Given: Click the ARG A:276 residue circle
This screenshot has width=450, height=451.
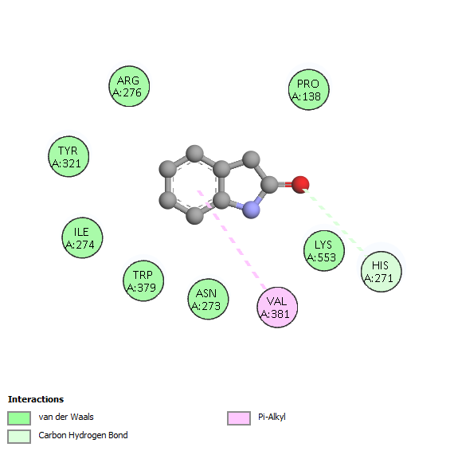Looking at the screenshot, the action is (x=129, y=86).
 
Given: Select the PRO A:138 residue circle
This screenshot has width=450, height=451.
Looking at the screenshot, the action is (x=309, y=89).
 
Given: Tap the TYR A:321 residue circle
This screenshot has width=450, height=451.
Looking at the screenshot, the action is (x=68, y=156).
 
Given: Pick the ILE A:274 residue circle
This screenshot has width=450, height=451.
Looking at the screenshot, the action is (x=82, y=238).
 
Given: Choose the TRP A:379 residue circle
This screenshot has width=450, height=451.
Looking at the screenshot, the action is (x=143, y=280).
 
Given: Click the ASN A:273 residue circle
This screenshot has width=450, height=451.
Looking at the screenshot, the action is (x=208, y=299).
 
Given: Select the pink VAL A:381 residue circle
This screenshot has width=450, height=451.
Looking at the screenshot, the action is (x=277, y=308).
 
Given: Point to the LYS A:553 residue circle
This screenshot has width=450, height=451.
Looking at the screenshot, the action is (x=324, y=251).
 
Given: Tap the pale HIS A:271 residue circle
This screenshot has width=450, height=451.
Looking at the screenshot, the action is (x=382, y=272).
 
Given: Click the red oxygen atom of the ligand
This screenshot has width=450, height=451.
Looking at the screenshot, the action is (x=300, y=185).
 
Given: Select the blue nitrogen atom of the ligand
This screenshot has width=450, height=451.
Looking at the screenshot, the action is (x=252, y=210).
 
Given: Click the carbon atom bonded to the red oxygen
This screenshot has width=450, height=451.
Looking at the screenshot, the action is (x=270, y=184).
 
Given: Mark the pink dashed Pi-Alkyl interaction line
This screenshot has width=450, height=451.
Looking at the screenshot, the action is (x=232, y=240).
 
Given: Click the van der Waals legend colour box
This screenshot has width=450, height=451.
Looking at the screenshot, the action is (x=19, y=418).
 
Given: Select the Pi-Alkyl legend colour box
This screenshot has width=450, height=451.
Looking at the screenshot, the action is (x=239, y=418).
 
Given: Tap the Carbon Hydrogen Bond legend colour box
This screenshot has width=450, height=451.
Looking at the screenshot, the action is (x=19, y=437).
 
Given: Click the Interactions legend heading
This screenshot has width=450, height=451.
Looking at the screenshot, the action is (x=36, y=399).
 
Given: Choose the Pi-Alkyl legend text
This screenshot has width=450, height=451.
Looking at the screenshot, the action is (x=272, y=417).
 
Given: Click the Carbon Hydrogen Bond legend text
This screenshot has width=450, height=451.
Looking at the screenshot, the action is (x=83, y=436).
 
